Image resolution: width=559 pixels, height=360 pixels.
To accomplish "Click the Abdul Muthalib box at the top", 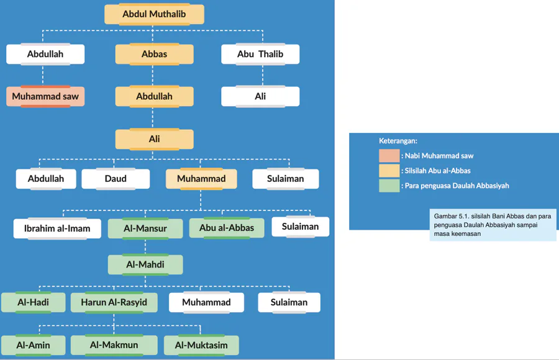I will (x=154, y=14).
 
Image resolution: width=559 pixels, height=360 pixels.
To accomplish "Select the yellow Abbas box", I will (x=154, y=54).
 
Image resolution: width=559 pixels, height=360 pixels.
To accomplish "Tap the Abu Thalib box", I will (x=260, y=54).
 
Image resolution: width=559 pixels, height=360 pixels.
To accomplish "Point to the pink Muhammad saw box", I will (x=45, y=96).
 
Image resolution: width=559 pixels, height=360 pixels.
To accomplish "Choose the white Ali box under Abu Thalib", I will (x=260, y=96).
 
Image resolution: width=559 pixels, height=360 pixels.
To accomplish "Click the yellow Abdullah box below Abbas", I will (x=154, y=96).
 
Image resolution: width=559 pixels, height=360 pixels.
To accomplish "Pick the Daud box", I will (x=116, y=179).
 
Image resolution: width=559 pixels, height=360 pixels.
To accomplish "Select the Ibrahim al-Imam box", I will (x=57, y=228).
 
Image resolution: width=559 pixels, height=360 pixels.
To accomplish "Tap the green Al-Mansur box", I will (x=145, y=228).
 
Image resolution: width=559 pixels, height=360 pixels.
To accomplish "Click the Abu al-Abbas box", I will (x=227, y=228).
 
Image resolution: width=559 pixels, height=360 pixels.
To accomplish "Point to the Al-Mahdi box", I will (x=145, y=264).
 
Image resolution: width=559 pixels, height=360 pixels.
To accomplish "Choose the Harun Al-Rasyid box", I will (x=114, y=302).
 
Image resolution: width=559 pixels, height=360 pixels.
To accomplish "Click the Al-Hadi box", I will (x=33, y=302).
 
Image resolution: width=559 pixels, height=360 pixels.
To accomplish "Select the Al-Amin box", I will (x=33, y=345).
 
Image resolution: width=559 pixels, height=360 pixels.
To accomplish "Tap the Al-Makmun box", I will (x=114, y=345).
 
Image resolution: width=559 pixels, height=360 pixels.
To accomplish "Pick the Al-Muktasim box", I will (x=201, y=345).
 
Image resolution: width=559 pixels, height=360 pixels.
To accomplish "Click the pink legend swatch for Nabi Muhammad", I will (x=389, y=156).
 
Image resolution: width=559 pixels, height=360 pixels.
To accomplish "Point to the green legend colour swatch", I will (x=389, y=186).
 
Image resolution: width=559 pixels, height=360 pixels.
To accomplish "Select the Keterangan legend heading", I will (x=398, y=141).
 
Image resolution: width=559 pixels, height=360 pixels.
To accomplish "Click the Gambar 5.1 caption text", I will (x=492, y=225).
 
